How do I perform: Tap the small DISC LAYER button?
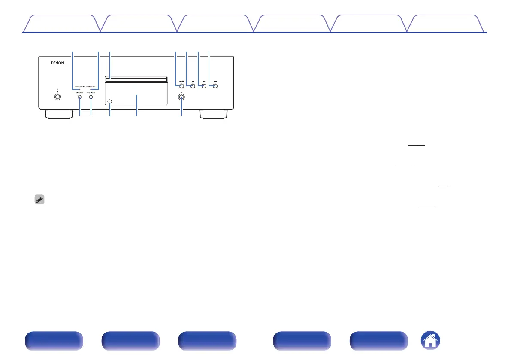(x=80, y=97)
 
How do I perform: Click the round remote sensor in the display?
(x=111, y=102)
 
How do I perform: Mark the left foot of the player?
(x=57, y=115)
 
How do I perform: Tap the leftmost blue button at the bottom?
(x=53, y=342)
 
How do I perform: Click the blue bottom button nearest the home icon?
(x=378, y=342)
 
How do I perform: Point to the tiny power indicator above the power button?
(x=57, y=89)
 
